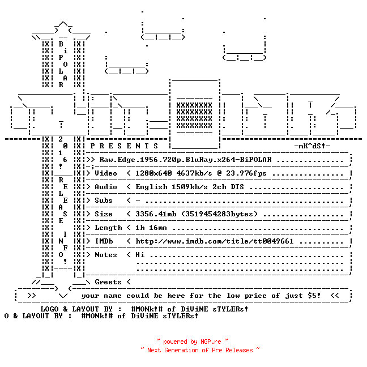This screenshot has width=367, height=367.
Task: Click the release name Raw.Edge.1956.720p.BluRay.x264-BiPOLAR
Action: [185, 160]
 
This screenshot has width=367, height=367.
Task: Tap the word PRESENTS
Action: [124, 146]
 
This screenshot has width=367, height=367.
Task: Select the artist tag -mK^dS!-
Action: [312, 146]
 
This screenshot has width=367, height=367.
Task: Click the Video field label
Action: [106, 173]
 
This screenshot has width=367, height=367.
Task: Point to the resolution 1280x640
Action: [153, 173]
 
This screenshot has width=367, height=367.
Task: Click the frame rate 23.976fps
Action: [246, 173]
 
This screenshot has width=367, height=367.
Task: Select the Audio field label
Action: [106, 187]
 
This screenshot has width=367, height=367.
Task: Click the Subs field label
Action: [104, 200]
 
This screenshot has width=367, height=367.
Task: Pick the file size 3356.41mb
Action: [156, 214]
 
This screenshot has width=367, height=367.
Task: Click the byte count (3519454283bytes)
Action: [219, 214]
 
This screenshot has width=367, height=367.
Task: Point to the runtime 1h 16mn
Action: [151, 228]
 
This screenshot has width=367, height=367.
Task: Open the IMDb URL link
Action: [215, 241]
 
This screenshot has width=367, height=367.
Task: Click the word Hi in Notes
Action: [140, 255]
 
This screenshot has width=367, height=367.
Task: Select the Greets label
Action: [108, 282]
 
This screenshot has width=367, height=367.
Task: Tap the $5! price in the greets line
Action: [314, 296]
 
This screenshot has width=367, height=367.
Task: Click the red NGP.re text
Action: [211, 342]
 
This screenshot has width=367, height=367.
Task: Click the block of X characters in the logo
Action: [194, 115]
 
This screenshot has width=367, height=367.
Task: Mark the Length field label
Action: [108, 228]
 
